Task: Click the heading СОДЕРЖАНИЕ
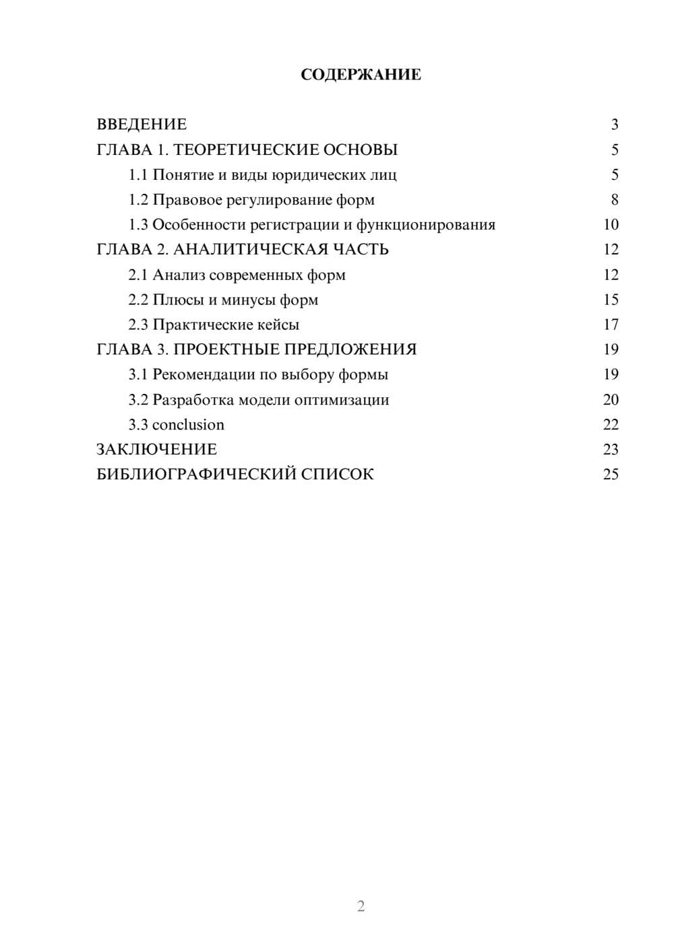coord(361,75)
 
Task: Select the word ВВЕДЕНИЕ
coord(142,125)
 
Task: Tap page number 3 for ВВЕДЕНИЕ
coord(614,125)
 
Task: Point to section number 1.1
coord(138,175)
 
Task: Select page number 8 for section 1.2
coord(614,200)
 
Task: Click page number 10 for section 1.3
coord(611,225)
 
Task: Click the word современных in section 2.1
coord(256,275)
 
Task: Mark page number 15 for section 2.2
coord(611,300)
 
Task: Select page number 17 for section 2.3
coord(611,325)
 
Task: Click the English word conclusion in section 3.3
coord(188,425)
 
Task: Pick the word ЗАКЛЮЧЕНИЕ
coord(157,449)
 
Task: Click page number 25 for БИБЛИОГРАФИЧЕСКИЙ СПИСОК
coord(611,474)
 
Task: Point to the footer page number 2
coord(361,906)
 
